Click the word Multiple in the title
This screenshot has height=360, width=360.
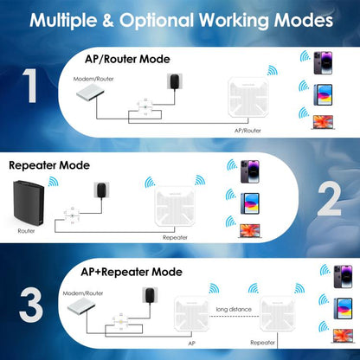(x=70, y=19)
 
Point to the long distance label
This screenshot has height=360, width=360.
(x=233, y=309)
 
